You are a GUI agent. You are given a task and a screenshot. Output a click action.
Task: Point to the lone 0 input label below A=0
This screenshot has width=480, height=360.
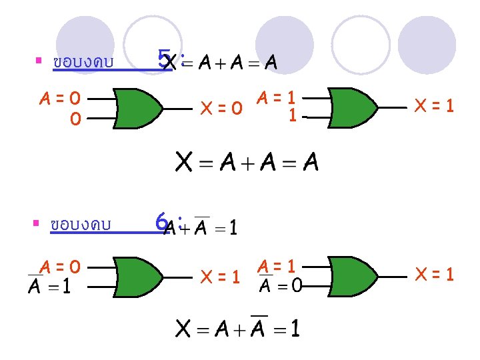[x=75, y=119]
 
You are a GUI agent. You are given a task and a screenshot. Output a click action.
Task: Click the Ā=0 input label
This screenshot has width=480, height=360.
[x=280, y=285]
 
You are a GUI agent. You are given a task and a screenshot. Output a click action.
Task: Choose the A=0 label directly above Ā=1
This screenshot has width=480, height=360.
[x=60, y=267]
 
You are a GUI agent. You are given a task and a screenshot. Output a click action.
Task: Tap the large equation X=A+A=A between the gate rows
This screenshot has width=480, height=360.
[x=247, y=162]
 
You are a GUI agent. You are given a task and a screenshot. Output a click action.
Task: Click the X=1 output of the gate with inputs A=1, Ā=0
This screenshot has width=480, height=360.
[x=434, y=274]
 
